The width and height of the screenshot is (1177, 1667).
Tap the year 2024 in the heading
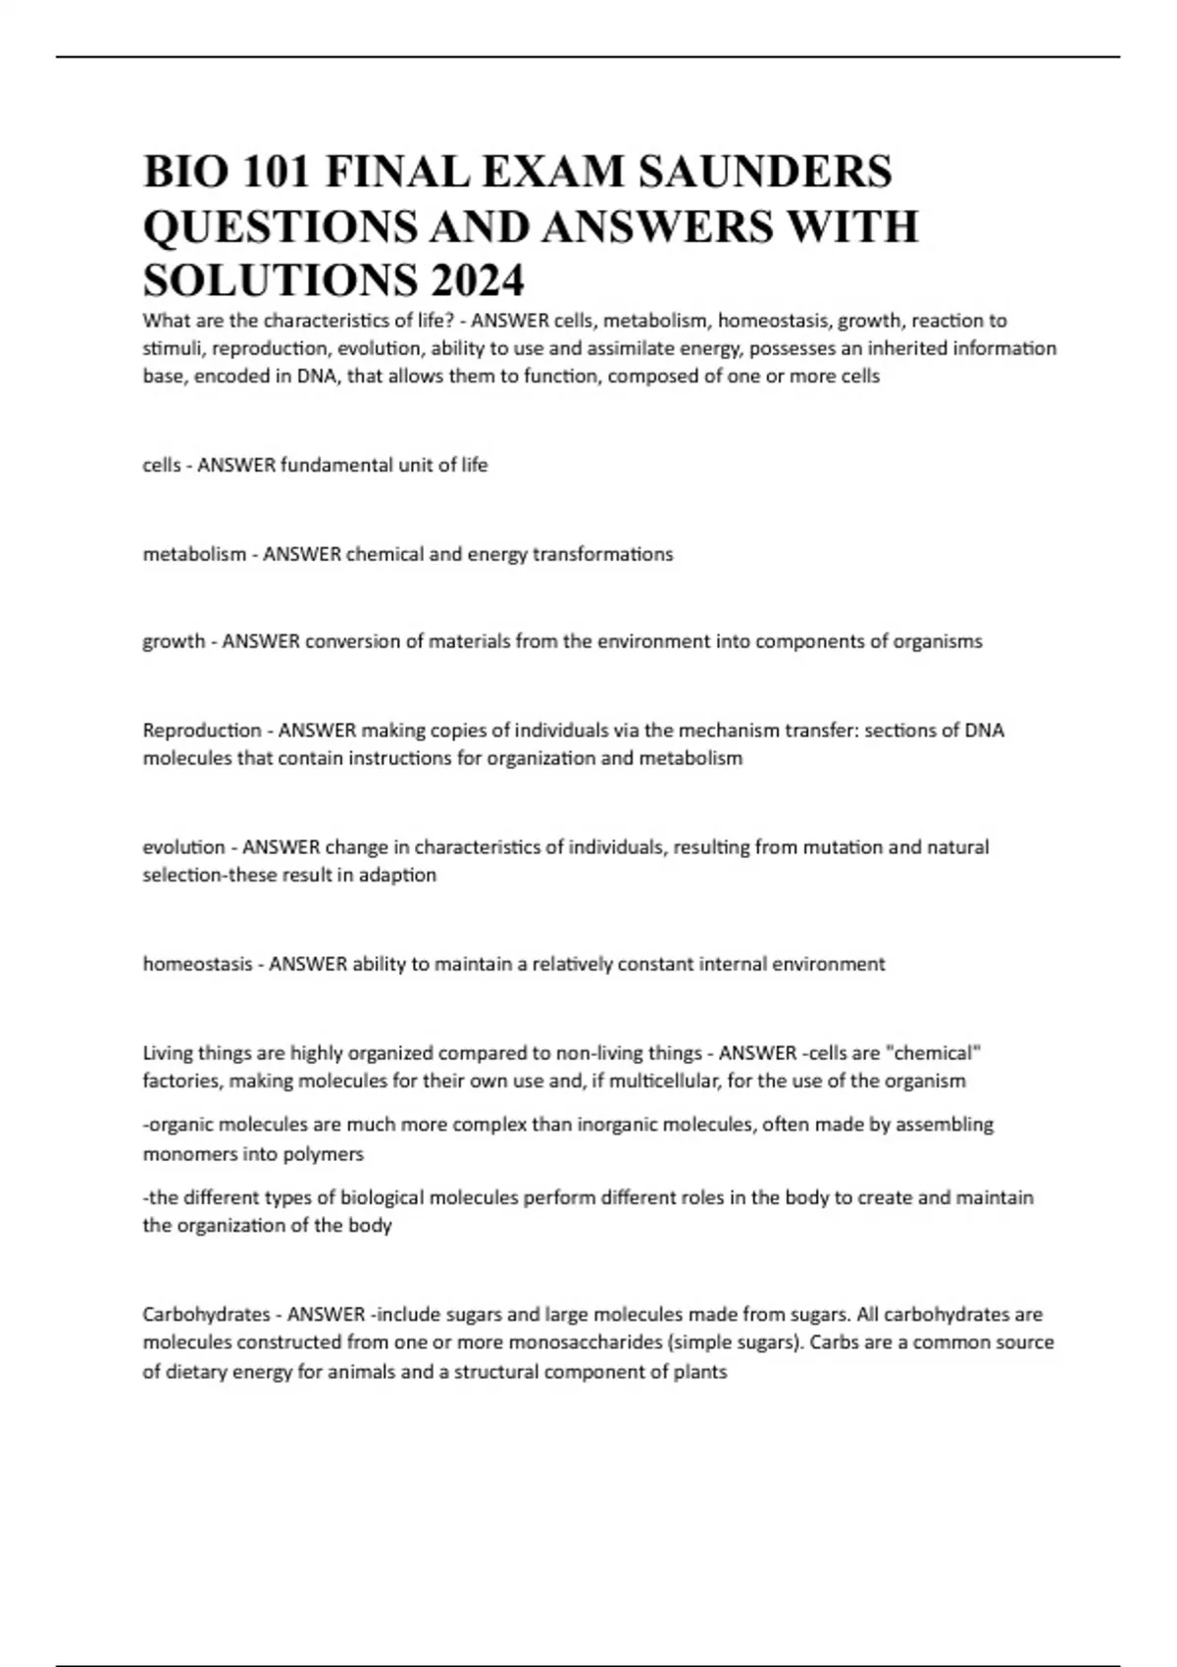pos(476,281)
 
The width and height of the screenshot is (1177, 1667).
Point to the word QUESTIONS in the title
pos(274,227)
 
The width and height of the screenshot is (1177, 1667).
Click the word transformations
pos(602,554)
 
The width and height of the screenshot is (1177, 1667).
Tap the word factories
pos(179,1081)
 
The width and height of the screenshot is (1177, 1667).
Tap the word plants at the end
pos(700,1372)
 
